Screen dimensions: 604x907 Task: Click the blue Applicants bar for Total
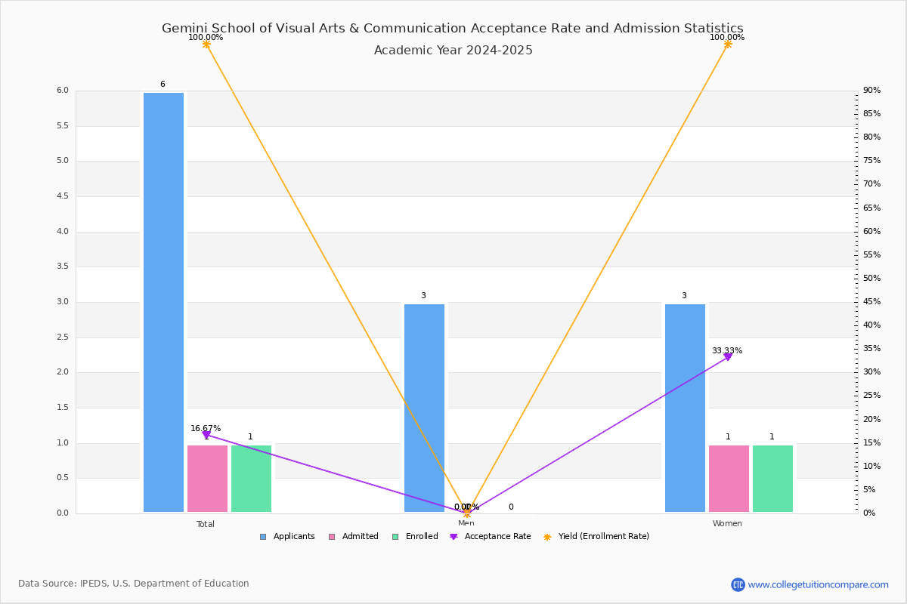(163, 302)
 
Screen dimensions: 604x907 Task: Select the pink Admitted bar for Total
(207, 479)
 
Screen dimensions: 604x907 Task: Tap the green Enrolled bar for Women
(772, 479)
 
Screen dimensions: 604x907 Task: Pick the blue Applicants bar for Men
(424, 408)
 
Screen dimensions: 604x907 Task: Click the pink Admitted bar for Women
(729, 479)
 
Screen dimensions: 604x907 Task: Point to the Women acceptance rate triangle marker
(728, 357)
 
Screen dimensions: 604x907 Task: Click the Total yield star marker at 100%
(206, 45)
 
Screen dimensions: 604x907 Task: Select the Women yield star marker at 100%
(728, 45)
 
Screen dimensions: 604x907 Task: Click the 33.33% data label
(726, 350)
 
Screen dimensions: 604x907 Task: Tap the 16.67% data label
(206, 428)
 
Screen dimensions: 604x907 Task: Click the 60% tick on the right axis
(871, 231)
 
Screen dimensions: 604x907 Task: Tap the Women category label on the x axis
(727, 524)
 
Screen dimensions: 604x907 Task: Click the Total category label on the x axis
(206, 524)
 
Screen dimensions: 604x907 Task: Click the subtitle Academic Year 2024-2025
(453, 51)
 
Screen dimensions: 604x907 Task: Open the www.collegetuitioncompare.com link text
(818, 584)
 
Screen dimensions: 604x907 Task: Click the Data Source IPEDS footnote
(134, 584)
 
